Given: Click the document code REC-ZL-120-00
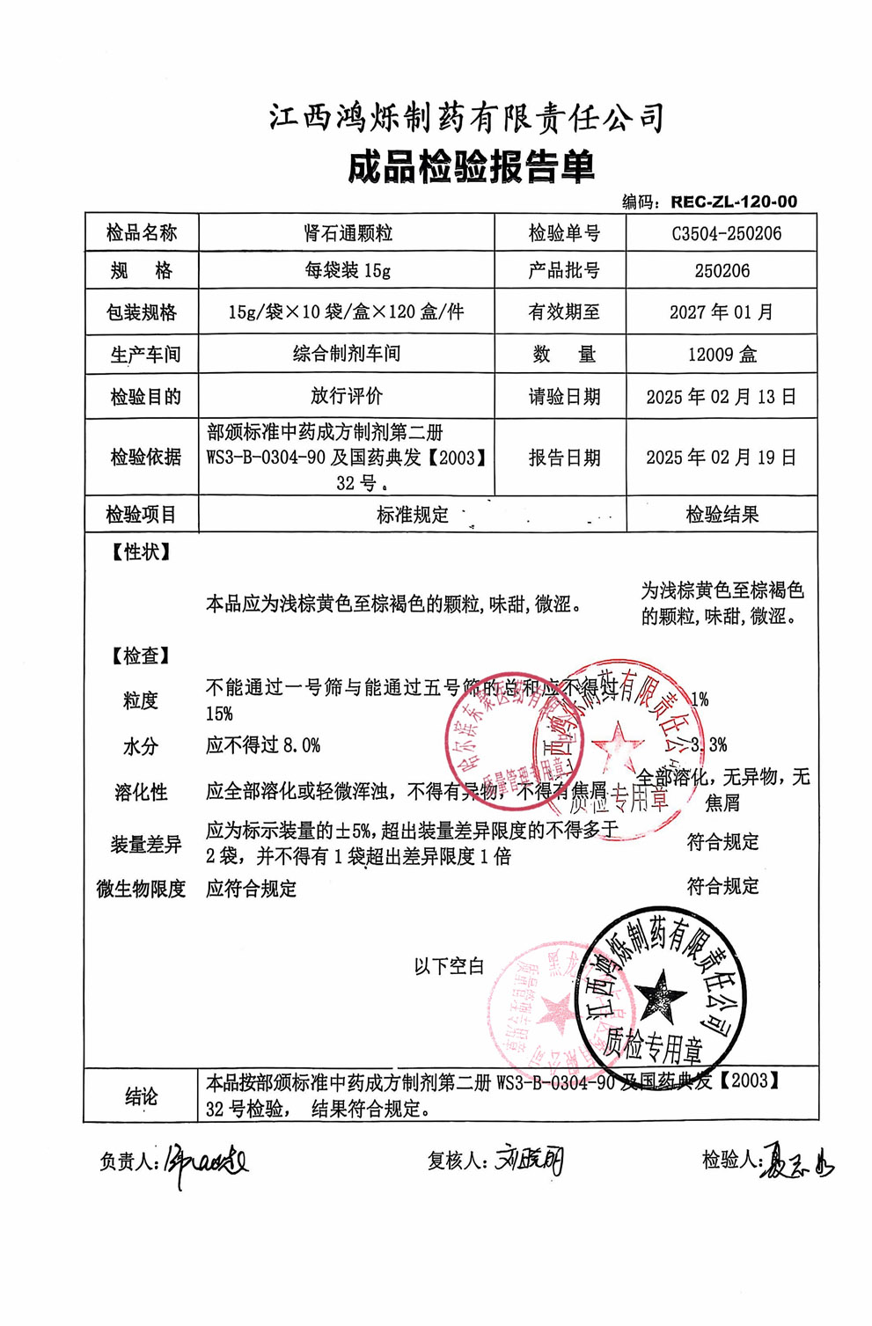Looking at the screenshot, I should pos(733,201).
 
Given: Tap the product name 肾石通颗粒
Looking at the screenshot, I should pos(348,233).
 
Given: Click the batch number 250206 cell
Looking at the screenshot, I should pos(722,270).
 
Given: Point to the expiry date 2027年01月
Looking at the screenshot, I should pos(722,311).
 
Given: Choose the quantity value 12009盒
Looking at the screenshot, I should pos(722,355).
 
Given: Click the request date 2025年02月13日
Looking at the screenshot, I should pos(722,397).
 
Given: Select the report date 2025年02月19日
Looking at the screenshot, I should pos(722,458).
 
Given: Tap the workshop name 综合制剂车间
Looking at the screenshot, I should pos(347,354).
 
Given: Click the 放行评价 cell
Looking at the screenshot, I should pos(347,396).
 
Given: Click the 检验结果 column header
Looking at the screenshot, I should pos(722,515).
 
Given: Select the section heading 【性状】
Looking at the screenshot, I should pos(140,553).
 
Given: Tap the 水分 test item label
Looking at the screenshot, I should pos(140,746).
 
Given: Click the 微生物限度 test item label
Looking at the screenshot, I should pos(141,890).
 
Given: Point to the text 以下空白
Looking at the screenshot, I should pos(449,966).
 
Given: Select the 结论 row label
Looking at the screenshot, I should pos(141,1096).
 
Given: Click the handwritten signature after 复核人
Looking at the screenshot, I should pos(529,1161).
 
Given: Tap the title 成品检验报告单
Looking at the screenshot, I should pos(472,167).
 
